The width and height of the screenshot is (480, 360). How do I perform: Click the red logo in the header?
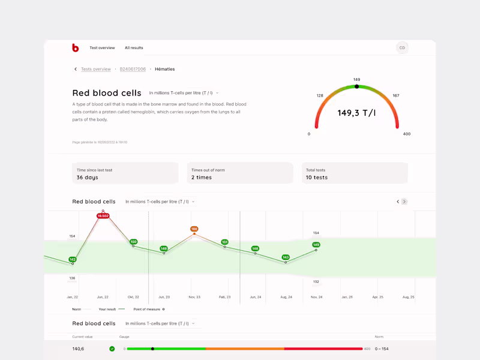click(75, 47)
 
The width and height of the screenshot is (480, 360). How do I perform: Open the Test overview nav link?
click(102, 47)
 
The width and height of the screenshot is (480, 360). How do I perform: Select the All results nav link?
click(134, 47)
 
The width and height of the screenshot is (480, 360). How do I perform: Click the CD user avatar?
click(402, 47)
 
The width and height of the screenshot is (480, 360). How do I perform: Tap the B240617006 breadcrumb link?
click(133, 69)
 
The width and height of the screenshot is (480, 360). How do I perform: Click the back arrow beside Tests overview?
click(76, 69)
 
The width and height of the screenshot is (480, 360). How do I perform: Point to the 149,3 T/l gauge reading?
click(356, 113)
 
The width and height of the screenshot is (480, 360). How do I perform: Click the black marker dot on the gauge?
click(357, 86)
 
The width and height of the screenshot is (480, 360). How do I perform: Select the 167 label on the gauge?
click(395, 95)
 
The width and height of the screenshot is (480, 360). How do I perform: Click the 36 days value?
click(88, 178)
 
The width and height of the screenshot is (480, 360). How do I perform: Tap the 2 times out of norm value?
click(202, 178)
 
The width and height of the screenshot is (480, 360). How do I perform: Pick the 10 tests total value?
click(317, 178)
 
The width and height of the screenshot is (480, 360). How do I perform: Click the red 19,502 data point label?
click(103, 216)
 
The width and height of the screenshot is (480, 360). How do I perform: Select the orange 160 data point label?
click(194, 229)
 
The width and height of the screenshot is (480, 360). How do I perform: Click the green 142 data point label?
click(73, 259)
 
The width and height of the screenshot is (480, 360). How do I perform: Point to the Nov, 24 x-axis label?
click(317, 296)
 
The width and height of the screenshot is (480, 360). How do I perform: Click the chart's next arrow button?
click(404, 202)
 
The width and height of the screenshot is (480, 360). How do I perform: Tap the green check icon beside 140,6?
click(112, 349)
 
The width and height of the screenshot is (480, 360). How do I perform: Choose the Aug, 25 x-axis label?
click(408, 296)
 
